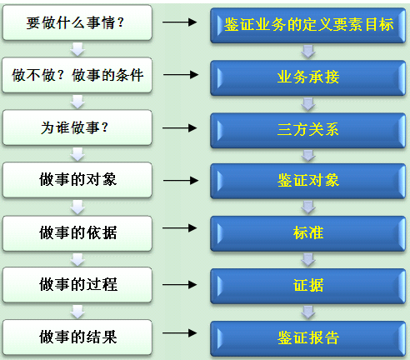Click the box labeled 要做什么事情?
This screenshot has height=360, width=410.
pyautogui.click(x=77, y=22)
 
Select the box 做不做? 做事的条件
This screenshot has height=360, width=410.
pyautogui.click(x=77, y=75)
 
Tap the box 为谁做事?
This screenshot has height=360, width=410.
pyautogui.click(x=77, y=127)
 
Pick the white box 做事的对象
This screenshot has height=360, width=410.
pyautogui.click(x=77, y=180)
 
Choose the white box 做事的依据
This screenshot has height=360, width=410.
pyautogui.click(x=77, y=233)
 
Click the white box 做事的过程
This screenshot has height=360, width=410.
pyautogui.click(x=77, y=285)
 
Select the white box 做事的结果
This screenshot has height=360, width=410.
pyautogui.click(x=77, y=337)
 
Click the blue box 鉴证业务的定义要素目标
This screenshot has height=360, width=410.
pyautogui.click(x=308, y=25)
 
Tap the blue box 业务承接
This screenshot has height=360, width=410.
pyautogui.click(x=308, y=77)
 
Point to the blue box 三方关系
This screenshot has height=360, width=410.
pyautogui.click(x=308, y=130)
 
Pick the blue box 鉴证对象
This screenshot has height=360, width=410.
pyautogui.click(x=308, y=181)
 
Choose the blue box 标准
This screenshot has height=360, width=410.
pyautogui.click(x=308, y=233)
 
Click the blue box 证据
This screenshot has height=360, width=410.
pyautogui.click(x=308, y=286)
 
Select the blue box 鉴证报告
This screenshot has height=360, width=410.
pyautogui.click(x=308, y=338)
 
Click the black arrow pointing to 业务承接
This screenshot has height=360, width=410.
pyautogui.click(x=181, y=74)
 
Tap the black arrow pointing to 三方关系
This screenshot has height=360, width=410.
pyautogui.click(x=180, y=127)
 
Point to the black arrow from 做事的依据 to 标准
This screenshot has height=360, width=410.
pyautogui.click(x=180, y=228)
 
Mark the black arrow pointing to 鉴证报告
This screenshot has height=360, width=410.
pyautogui.click(x=180, y=332)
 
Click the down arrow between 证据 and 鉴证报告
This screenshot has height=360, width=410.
pyautogui.click(x=308, y=312)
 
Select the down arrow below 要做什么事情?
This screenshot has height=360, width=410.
pyautogui.click(x=77, y=49)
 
